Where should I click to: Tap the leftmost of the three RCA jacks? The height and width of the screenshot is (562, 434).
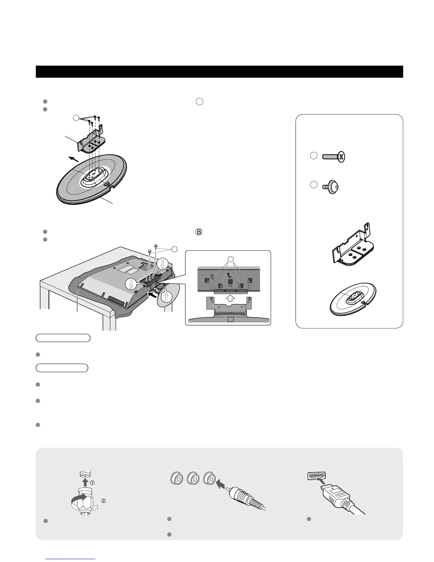coord(177,479)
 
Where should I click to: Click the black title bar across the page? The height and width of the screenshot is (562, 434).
coord(219,71)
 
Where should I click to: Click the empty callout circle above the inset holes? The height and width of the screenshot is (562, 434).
coord(230,259)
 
